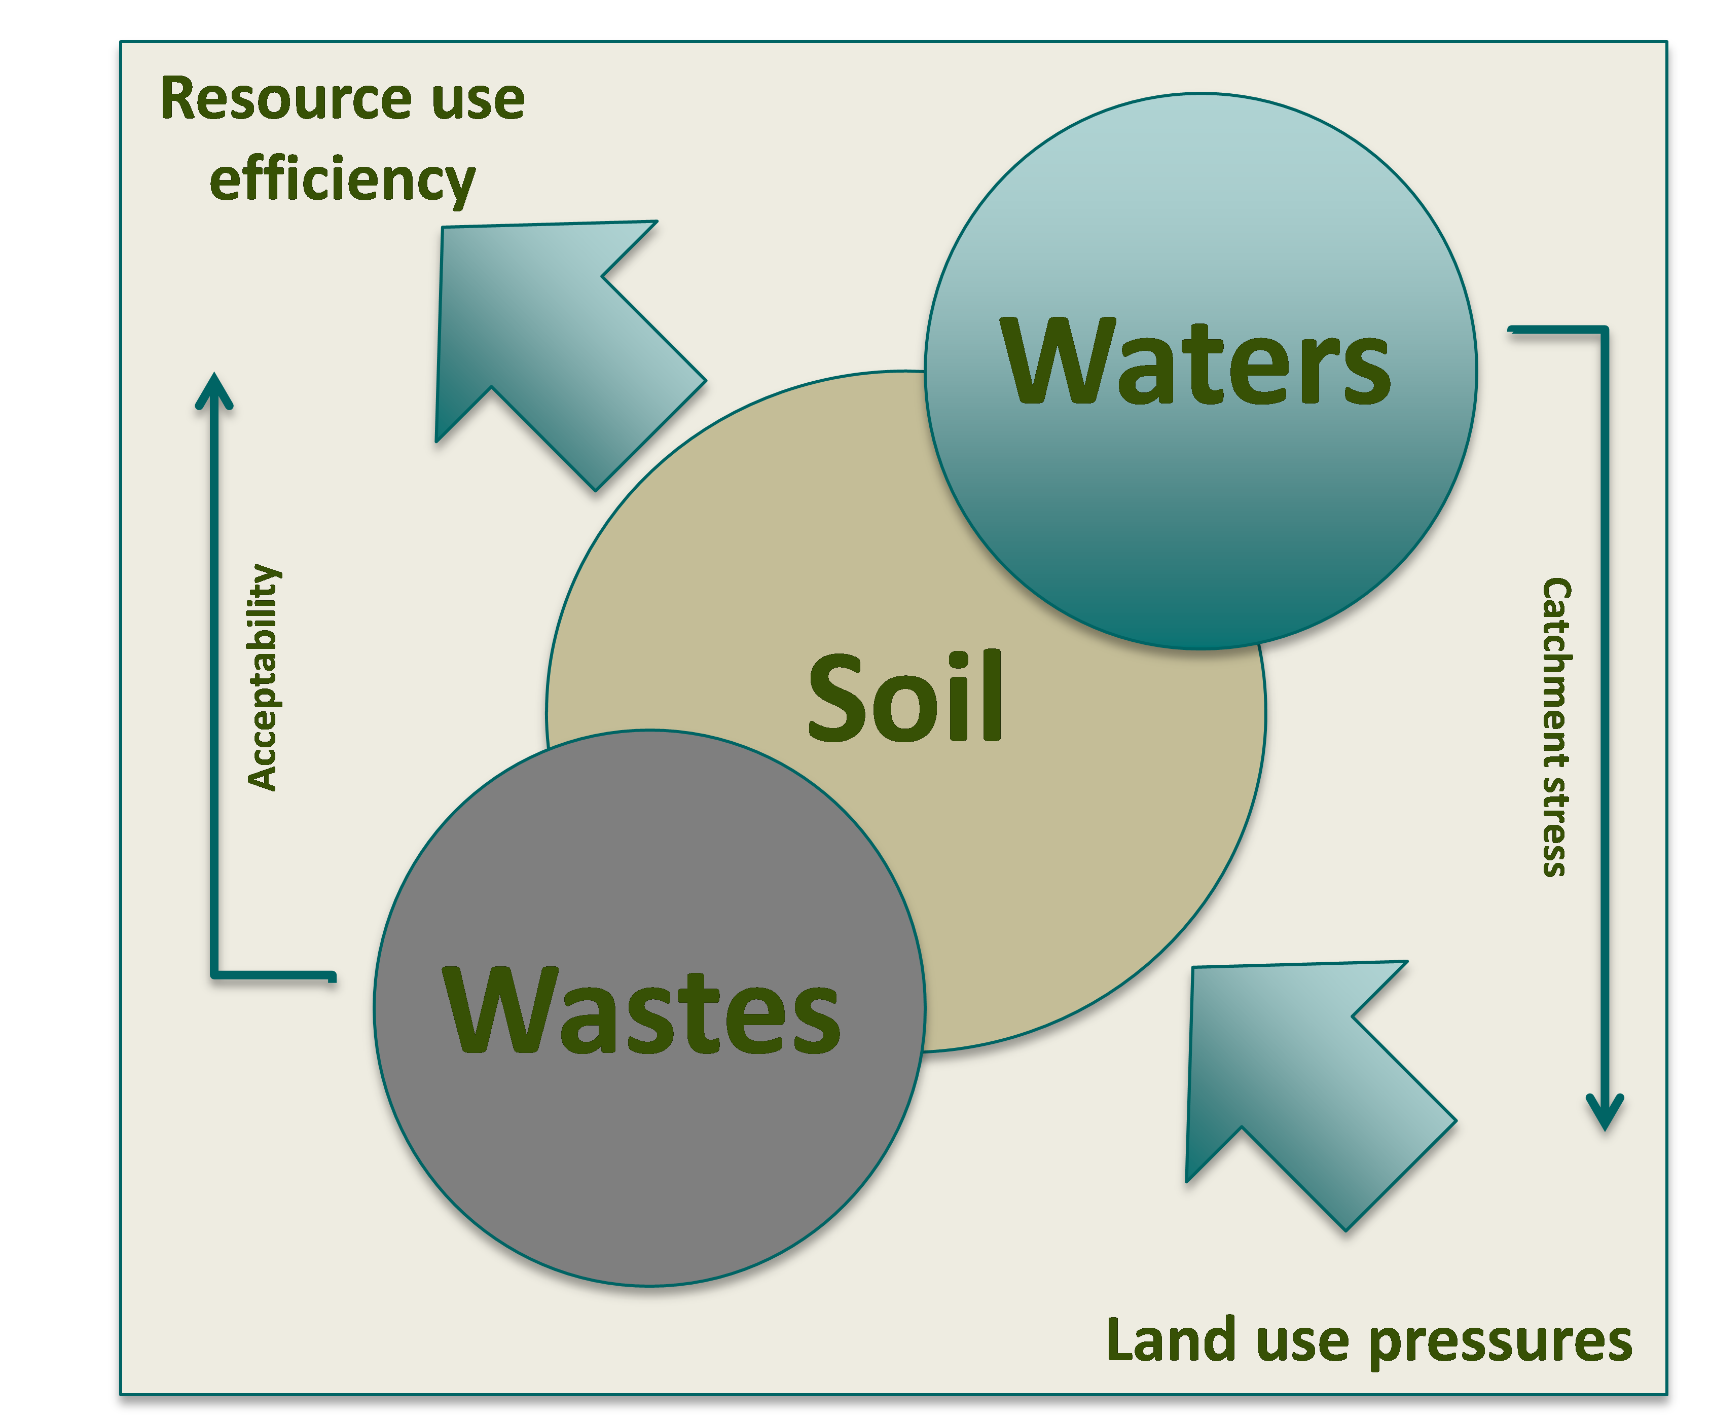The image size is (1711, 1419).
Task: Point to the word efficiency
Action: click(342, 181)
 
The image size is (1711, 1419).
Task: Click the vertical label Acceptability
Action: click(263, 677)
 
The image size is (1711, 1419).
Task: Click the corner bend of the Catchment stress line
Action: click(1604, 331)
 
